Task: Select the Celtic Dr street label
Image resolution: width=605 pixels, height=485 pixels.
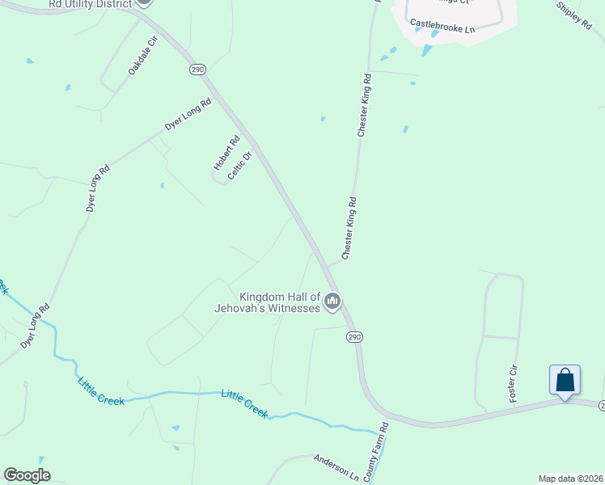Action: click(240, 166)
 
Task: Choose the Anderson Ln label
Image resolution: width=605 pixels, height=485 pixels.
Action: click(336, 467)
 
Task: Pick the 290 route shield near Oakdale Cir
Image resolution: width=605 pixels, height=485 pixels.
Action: click(198, 70)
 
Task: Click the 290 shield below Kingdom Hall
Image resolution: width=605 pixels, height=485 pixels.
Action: click(354, 337)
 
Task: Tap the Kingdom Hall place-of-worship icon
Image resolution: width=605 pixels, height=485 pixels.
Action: click(332, 302)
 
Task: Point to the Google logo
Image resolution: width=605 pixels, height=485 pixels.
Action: click(27, 474)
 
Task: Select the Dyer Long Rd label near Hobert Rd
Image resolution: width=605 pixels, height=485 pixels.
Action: click(188, 114)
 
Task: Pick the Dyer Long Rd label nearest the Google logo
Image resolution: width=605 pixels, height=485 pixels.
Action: click(35, 326)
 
